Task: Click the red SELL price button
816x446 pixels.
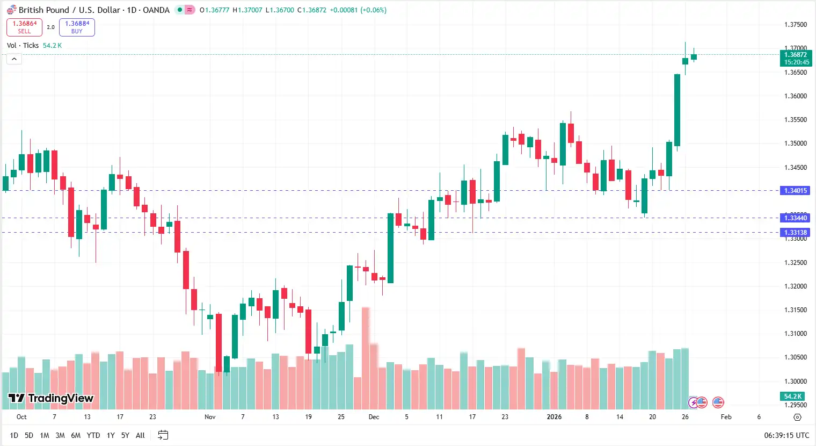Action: pyautogui.click(x=24, y=27)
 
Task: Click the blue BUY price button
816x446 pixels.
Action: pyautogui.click(x=77, y=27)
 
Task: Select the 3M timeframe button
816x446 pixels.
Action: pyautogui.click(x=60, y=435)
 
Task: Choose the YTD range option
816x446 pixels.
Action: pyautogui.click(x=93, y=435)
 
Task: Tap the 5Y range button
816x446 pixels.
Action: pyautogui.click(x=125, y=435)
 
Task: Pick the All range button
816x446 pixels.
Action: pyautogui.click(x=140, y=435)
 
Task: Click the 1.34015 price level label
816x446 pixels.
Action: pyautogui.click(x=795, y=191)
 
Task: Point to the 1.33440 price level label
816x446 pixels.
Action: pyautogui.click(x=795, y=218)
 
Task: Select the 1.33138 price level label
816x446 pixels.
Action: pyautogui.click(x=795, y=233)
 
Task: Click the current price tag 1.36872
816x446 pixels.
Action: pyautogui.click(x=795, y=55)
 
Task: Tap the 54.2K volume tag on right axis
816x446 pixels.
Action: pyautogui.click(x=792, y=397)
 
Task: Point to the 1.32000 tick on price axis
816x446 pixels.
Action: pyautogui.click(x=795, y=286)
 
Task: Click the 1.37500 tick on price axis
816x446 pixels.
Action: pyautogui.click(x=795, y=25)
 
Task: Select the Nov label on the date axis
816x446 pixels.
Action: pyautogui.click(x=210, y=417)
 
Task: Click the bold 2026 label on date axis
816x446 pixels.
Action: pyautogui.click(x=554, y=417)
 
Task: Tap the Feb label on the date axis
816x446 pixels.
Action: pyautogui.click(x=726, y=417)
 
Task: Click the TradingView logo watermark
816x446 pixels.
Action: pyautogui.click(x=51, y=398)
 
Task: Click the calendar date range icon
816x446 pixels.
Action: pyautogui.click(x=163, y=435)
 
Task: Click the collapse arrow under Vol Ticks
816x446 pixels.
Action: pyautogui.click(x=14, y=59)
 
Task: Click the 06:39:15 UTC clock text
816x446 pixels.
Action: pyautogui.click(x=786, y=435)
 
